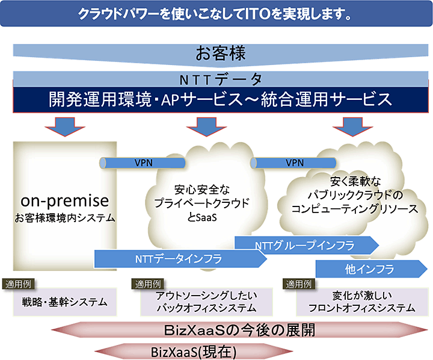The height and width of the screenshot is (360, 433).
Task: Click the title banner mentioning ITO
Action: click(x=216, y=13)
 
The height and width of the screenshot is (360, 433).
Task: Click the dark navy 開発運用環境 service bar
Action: click(x=216, y=99)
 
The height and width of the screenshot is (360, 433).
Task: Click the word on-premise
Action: click(x=64, y=200)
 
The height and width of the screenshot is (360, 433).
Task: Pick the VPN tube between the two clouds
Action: click(x=293, y=163)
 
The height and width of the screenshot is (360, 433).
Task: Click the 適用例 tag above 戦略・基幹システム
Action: click(x=22, y=284)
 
